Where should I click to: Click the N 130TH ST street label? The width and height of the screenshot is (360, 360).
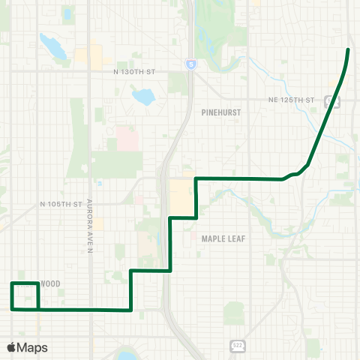click(133, 71)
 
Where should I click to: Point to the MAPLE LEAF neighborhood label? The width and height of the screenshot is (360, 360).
click(223, 238)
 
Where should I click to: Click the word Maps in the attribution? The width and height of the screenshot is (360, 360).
click(33, 347)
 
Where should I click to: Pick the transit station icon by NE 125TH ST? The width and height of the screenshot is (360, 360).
click(328, 101)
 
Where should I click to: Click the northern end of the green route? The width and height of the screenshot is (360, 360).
click(348, 49)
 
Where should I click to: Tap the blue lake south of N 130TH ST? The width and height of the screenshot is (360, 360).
click(141, 96)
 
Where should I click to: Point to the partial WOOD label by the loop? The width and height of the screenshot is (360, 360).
click(49, 284)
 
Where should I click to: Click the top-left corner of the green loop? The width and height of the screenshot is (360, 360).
click(12, 283)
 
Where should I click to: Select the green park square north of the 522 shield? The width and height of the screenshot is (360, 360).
click(234, 313)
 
